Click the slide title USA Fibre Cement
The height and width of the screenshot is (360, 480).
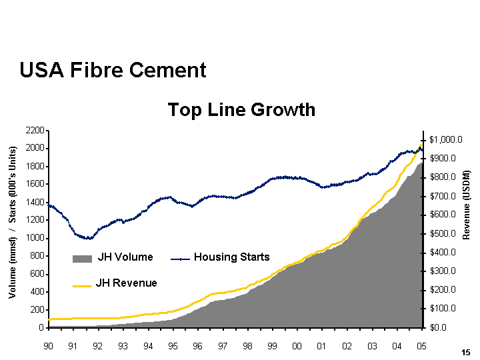coord(113,70)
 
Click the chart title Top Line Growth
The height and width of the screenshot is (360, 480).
coord(241,109)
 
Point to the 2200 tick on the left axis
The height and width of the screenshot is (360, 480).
coord(35,130)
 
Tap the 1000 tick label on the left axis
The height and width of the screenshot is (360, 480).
coord(35,238)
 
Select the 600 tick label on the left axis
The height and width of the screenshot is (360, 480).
coord(37,274)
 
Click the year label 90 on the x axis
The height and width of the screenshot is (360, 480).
coord(48,347)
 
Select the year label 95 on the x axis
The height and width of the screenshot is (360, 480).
coord(173,347)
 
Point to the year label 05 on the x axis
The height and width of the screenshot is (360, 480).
coord(421,347)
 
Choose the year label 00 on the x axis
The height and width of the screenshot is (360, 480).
coord(297,347)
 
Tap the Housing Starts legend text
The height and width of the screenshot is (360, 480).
coord(231,257)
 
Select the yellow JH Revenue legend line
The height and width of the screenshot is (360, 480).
coord(82,285)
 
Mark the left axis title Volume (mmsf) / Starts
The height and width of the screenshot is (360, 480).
coord(12,223)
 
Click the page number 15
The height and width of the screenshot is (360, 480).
coord(465,351)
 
